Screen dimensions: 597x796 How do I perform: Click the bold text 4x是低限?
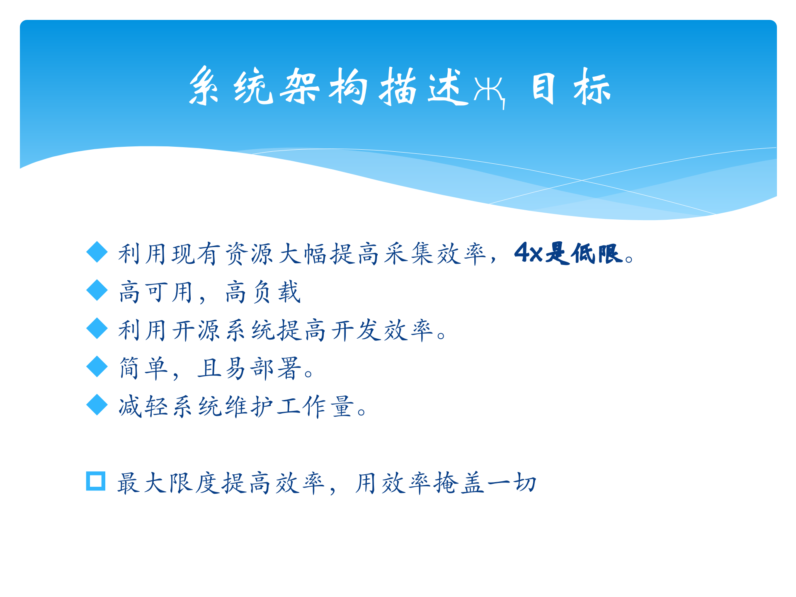(568, 253)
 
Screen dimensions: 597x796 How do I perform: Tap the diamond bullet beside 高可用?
(97, 290)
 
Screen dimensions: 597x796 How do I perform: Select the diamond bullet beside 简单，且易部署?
(97, 366)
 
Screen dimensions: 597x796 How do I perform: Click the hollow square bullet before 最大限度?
(96, 481)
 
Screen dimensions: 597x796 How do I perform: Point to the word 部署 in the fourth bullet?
(275, 368)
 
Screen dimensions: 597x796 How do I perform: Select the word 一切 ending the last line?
(512, 483)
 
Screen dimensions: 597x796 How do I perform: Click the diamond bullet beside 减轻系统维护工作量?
(97, 405)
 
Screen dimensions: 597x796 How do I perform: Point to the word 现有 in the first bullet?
(197, 254)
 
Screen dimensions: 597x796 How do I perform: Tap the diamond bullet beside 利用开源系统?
(97, 328)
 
